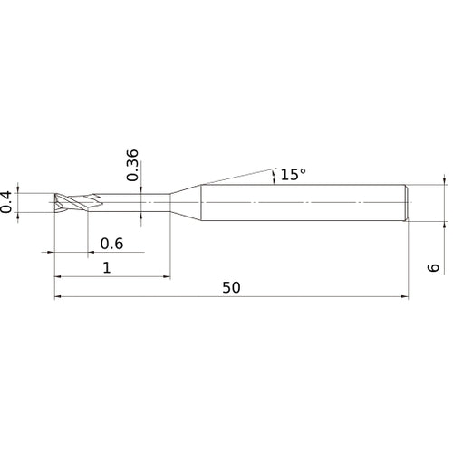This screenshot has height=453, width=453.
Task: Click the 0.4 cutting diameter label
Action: point(8,201)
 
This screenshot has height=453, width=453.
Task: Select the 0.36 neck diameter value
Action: point(133,165)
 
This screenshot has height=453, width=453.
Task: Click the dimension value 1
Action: point(108,267)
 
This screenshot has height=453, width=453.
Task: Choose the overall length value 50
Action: point(231,287)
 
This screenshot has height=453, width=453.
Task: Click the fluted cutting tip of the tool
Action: point(68,201)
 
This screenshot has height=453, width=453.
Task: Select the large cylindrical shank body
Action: point(304,201)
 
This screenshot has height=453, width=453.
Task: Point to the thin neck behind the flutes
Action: point(136,201)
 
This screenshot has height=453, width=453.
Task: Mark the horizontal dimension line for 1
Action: point(136,275)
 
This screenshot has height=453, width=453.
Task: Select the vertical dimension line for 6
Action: point(445,201)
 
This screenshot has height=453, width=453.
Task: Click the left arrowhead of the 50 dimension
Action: point(58,295)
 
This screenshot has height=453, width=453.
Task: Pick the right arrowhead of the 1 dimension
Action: point(167,275)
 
